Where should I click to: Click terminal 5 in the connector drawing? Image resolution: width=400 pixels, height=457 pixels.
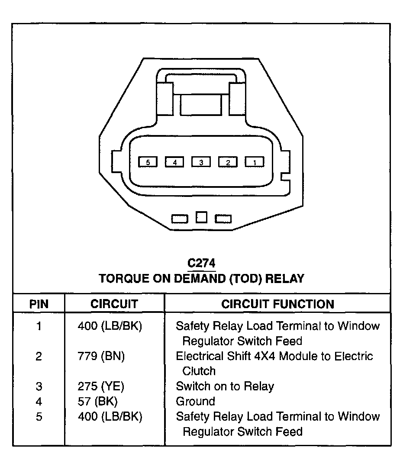(x=148, y=162)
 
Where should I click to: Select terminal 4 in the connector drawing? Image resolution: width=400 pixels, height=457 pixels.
(x=174, y=162)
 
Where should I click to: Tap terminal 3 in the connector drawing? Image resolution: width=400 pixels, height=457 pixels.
(x=201, y=162)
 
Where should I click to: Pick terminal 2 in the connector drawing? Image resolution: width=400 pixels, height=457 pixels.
(x=228, y=162)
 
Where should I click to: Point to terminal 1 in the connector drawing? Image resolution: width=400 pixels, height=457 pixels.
(x=255, y=162)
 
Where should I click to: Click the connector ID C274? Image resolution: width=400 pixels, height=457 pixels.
(x=201, y=263)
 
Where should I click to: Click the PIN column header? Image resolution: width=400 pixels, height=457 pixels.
(x=39, y=304)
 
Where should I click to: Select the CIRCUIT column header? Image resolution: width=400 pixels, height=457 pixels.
(x=114, y=304)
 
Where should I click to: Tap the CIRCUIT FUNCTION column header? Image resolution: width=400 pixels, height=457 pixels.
(x=278, y=304)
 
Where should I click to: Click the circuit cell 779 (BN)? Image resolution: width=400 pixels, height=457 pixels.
(x=101, y=356)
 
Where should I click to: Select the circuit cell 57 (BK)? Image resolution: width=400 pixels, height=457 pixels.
(x=97, y=401)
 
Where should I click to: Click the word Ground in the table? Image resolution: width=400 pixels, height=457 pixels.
(x=195, y=401)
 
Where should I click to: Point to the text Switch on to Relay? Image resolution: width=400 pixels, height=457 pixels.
(x=225, y=386)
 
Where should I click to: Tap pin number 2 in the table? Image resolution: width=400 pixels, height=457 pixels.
(x=39, y=356)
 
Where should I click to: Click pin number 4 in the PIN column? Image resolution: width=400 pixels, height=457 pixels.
(x=39, y=401)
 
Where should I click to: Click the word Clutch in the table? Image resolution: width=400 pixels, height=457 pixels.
(x=199, y=371)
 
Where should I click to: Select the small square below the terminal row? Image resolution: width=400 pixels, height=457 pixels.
(x=201, y=217)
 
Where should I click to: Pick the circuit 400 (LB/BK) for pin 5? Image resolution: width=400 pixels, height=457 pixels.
(x=110, y=416)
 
